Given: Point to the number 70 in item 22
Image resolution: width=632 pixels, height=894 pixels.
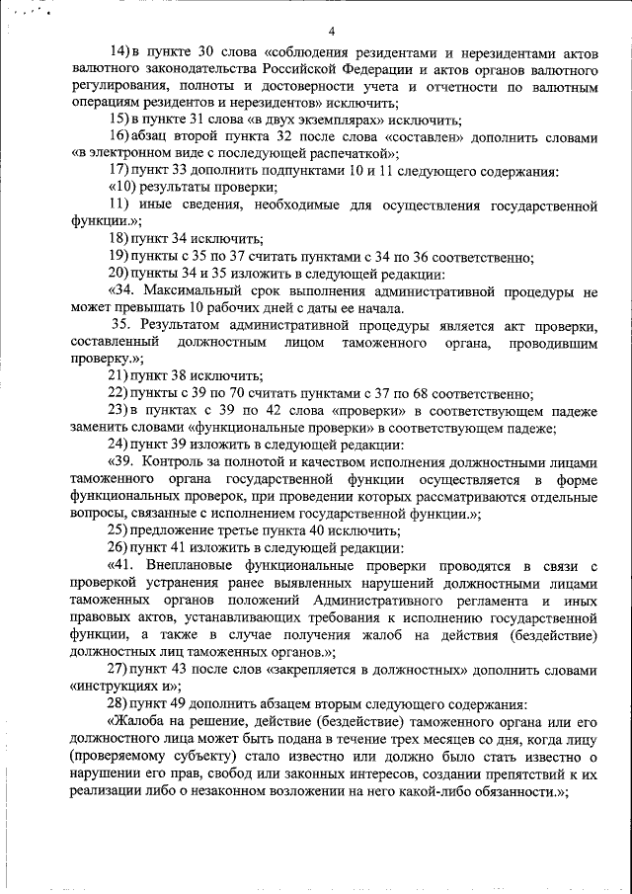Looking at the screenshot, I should (245, 392).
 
